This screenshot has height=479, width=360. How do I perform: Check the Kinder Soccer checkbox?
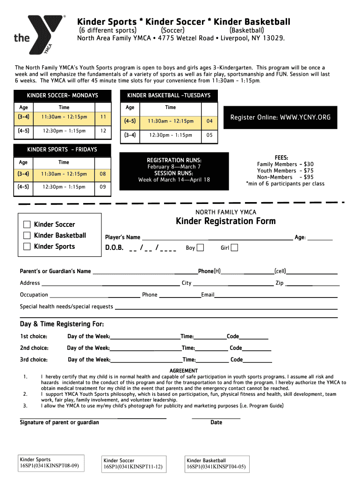(27, 225)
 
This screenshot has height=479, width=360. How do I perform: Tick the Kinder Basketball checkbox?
(27, 235)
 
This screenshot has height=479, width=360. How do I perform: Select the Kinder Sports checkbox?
(27, 247)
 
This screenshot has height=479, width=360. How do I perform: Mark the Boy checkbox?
(200, 248)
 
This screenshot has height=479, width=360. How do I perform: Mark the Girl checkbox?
(234, 248)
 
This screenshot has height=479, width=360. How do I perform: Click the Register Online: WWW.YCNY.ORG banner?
(281, 117)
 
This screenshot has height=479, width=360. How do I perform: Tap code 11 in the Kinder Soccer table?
(103, 116)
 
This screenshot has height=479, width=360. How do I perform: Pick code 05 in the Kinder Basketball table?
(209, 135)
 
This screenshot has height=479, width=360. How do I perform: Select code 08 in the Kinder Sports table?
(103, 174)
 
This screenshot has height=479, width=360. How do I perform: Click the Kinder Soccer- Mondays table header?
(63, 95)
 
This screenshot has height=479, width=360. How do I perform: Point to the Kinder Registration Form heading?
(225, 221)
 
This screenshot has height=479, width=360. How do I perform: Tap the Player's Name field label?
(122, 237)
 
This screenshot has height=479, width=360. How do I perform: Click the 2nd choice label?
(34, 348)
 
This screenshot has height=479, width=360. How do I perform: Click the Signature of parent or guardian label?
(59, 422)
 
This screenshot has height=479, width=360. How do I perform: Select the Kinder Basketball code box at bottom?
(216, 464)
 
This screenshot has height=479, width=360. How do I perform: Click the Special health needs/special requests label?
(66, 306)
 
